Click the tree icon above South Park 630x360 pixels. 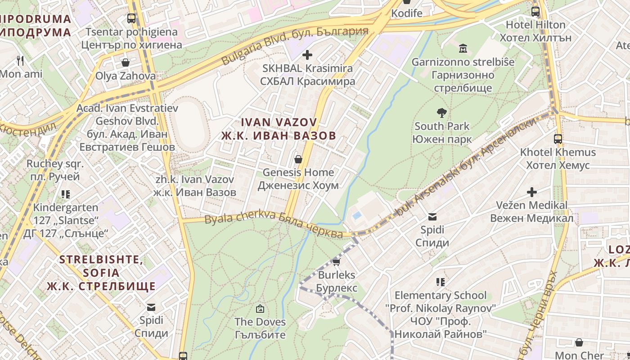point(442,113)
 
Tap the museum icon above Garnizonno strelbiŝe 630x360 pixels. point(463,48)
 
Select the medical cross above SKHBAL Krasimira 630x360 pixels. point(307,55)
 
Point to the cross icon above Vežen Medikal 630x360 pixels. point(531,192)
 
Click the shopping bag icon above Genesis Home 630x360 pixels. point(298,159)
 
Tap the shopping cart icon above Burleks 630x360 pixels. point(336,262)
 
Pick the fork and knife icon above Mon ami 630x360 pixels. point(20,61)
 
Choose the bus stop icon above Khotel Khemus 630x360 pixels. point(558,139)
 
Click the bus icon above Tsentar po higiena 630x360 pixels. point(131,19)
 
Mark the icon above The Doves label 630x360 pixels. point(260,309)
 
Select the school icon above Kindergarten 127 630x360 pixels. point(66,194)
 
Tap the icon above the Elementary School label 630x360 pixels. point(441,282)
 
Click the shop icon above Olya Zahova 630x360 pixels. point(125,63)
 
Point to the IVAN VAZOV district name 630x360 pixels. point(279,129)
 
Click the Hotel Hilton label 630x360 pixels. point(535,31)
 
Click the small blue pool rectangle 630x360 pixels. point(357,216)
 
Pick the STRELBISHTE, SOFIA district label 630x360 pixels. point(101,273)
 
